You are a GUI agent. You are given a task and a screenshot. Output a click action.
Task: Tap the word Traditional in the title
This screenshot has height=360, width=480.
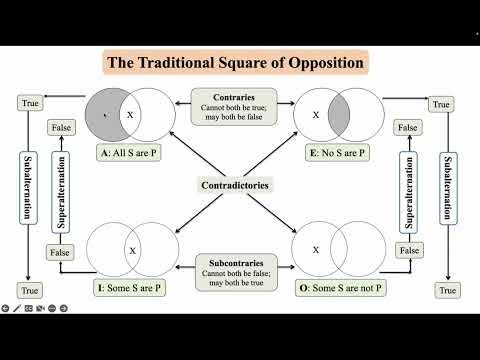coord(190,64)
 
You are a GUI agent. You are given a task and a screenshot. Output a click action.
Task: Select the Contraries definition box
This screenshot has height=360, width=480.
coord(239,104)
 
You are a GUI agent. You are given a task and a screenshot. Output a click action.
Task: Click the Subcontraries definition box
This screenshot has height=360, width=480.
coord(239,271)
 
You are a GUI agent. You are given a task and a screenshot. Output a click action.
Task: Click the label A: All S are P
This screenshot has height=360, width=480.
coord(130,153)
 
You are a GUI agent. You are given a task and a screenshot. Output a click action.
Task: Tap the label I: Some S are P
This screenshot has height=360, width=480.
coord(131,288)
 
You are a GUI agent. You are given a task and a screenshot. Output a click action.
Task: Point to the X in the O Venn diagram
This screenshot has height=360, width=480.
coord(318,249)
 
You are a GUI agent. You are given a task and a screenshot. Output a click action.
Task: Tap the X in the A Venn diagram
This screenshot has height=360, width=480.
coord(130,115)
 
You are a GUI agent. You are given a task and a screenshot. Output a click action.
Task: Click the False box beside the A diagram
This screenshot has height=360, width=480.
coord(61,128)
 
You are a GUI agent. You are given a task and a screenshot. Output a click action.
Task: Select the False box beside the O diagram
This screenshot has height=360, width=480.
coord(407,252)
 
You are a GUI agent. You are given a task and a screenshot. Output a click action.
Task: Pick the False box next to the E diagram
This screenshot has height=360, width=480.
coord(407,128)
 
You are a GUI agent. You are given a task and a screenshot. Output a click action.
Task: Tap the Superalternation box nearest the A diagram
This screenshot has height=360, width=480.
coord(61,190)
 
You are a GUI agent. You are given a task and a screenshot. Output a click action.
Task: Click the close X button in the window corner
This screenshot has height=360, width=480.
coord(467,11)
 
